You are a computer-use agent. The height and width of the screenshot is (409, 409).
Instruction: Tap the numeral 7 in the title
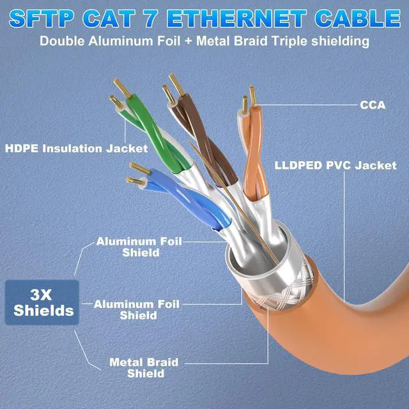(x=151, y=19)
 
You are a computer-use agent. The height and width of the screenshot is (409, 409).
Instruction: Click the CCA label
(x=373, y=105)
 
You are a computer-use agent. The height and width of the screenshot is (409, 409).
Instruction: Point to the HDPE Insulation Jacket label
(x=77, y=149)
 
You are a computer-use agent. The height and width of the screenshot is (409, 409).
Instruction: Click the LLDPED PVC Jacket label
(x=336, y=166)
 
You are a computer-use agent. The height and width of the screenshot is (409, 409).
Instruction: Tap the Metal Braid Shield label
(x=144, y=368)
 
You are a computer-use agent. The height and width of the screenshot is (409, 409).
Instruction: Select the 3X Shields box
(x=42, y=302)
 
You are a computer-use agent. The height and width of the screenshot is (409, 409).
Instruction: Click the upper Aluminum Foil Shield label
(x=139, y=247)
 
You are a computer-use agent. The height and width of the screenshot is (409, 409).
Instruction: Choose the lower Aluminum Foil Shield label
(x=137, y=309)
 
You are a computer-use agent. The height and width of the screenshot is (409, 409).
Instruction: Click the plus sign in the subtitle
(x=188, y=42)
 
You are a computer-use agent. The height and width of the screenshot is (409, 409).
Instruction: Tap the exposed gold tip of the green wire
(x=122, y=88)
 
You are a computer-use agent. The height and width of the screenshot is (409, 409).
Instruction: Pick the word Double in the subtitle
(x=62, y=42)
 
